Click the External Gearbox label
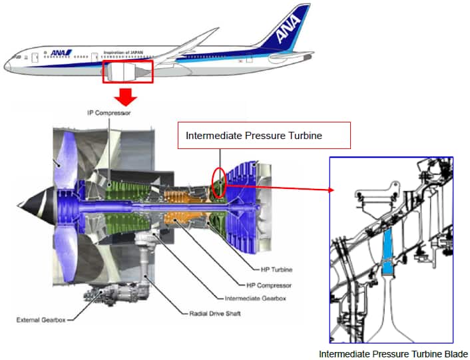[x=40, y=320]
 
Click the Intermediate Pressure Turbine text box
[x=264, y=136]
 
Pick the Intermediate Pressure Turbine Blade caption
[x=393, y=354]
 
